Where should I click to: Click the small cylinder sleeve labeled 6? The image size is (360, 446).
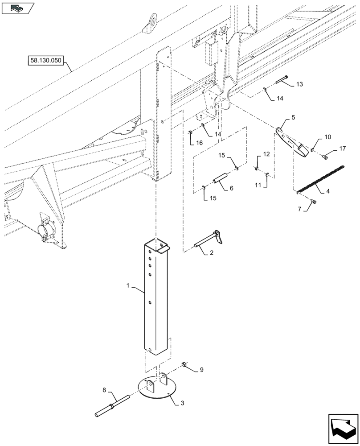click(x=221, y=181)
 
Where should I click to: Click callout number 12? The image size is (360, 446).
click(x=266, y=154)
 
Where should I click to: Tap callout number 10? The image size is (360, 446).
click(x=328, y=137)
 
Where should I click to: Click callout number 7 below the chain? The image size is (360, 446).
click(x=299, y=209)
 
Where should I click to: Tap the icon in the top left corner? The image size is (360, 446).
click(x=18, y=8)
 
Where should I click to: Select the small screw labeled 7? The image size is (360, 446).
click(x=314, y=202)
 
